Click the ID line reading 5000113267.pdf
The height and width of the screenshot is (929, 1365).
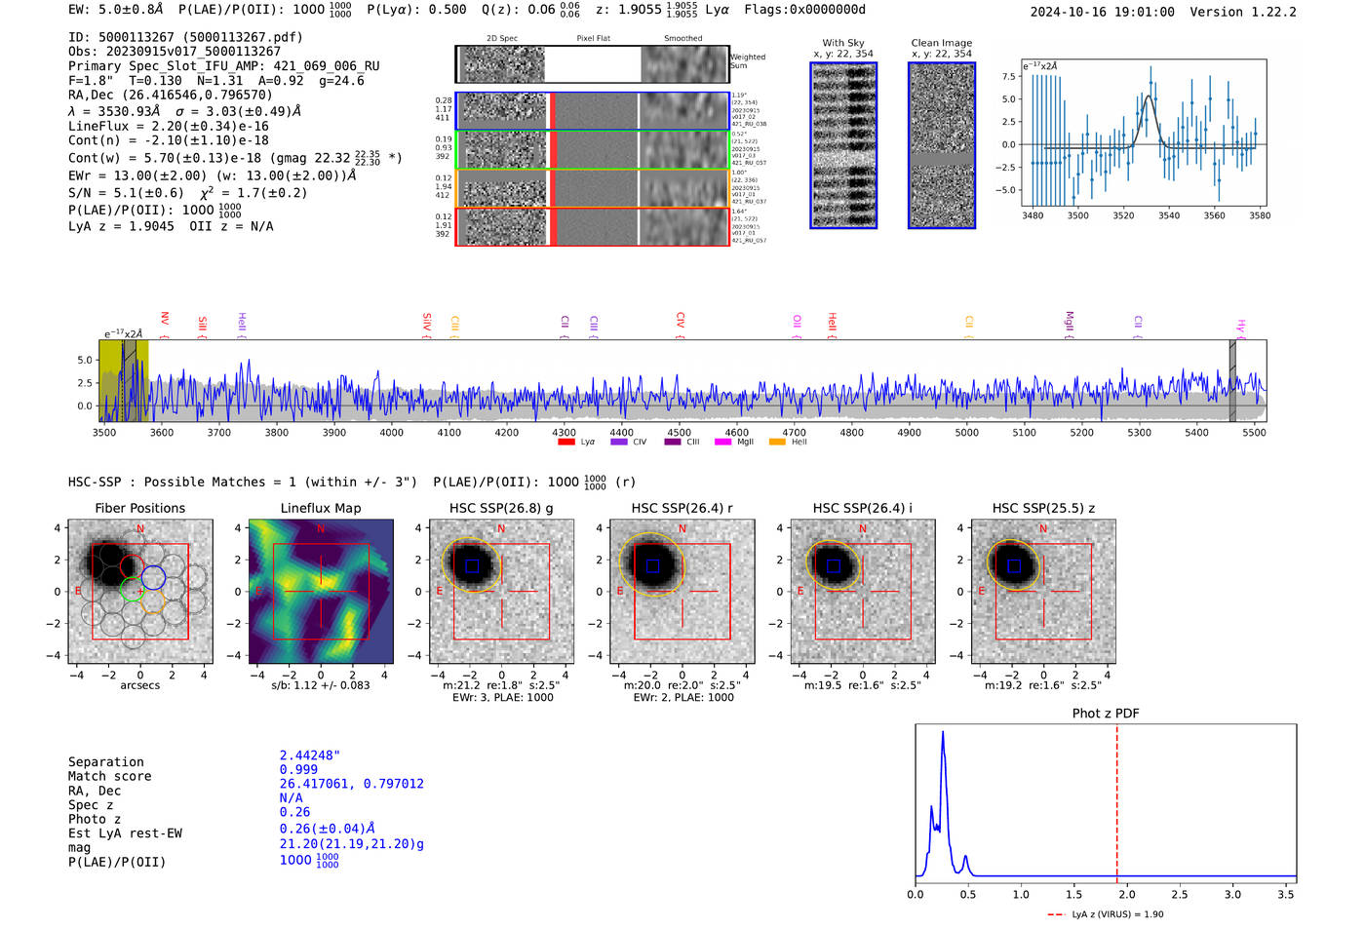coord(185,37)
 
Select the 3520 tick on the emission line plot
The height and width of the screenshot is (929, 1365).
coord(1123,215)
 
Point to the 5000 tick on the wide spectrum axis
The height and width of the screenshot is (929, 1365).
coord(966,432)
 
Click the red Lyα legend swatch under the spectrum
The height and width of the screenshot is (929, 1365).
coord(566,442)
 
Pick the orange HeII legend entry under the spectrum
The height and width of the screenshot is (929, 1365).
coord(777,442)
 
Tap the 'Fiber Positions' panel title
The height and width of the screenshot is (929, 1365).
coord(139,508)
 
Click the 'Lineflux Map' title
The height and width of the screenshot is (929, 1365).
coord(321,508)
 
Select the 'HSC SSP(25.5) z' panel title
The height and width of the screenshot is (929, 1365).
coord(1043,508)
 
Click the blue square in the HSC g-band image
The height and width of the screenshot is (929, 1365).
coord(472,565)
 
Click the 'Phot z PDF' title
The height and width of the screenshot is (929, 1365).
coord(1106,713)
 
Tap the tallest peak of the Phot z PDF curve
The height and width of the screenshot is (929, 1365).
coord(943,732)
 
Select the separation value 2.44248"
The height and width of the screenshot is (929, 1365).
coord(310,755)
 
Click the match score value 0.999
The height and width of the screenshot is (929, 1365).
coord(298,769)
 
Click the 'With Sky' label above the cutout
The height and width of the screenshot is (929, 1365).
coord(843,43)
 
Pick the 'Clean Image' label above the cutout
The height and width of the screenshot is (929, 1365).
coord(942,43)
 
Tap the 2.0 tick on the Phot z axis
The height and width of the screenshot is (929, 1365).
coord(1126,894)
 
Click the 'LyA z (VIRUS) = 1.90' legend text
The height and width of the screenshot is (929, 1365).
coord(1117,914)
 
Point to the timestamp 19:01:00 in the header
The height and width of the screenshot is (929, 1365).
coord(1142,12)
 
